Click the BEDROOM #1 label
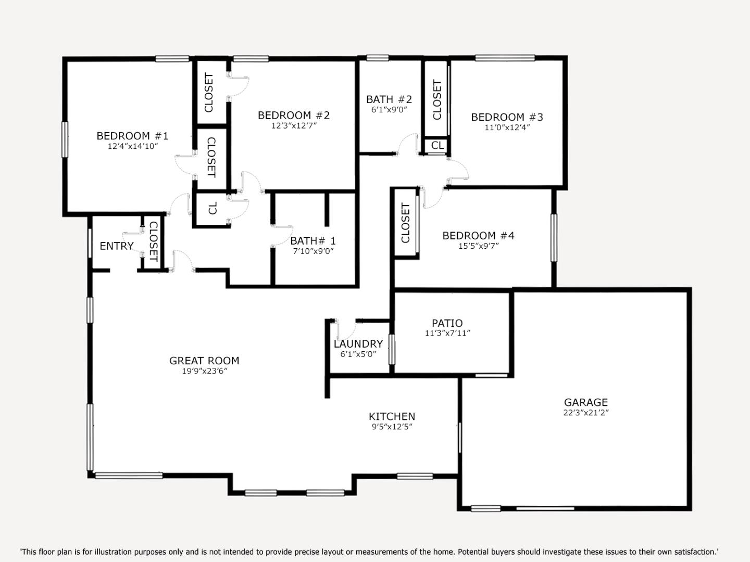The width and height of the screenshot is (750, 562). pyautogui.click(x=132, y=136)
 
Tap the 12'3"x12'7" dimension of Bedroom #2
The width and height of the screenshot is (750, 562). pyautogui.click(x=294, y=125)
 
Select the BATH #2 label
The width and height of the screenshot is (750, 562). pyautogui.click(x=389, y=99)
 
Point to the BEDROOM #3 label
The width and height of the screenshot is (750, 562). pyautogui.click(x=507, y=117)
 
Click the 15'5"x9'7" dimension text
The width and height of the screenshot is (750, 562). pyautogui.click(x=478, y=246)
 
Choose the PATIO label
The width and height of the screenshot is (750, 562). pyautogui.click(x=447, y=323)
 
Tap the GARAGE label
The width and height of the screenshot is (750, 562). pyautogui.click(x=585, y=402)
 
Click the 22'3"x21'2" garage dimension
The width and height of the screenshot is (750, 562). pyautogui.click(x=585, y=413)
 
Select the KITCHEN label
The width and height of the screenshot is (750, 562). pyautogui.click(x=392, y=416)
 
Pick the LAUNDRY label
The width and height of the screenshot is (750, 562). pyautogui.click(x=358, y=344)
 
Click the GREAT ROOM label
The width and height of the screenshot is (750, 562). pyautogui.click(x=204, y=361)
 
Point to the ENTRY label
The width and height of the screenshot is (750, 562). pyautogui.click(x=117, y=246)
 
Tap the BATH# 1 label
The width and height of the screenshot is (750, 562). pyautogui.click(x=312, y=240)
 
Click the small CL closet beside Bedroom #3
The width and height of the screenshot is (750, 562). pyautogui.click(x=438, y=146)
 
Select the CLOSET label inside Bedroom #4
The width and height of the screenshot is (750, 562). pyautogui.click(x=406, y=223)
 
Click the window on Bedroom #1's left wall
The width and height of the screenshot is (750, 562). pyautogui.click(x=65, y=139)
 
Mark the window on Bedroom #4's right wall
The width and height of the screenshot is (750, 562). pyautogui.click(x=554, y=238)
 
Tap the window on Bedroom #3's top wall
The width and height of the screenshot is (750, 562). pyautogui.click(x=505, y=58)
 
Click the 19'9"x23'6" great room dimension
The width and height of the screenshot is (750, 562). pyautogui.click(x=204, y=371)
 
